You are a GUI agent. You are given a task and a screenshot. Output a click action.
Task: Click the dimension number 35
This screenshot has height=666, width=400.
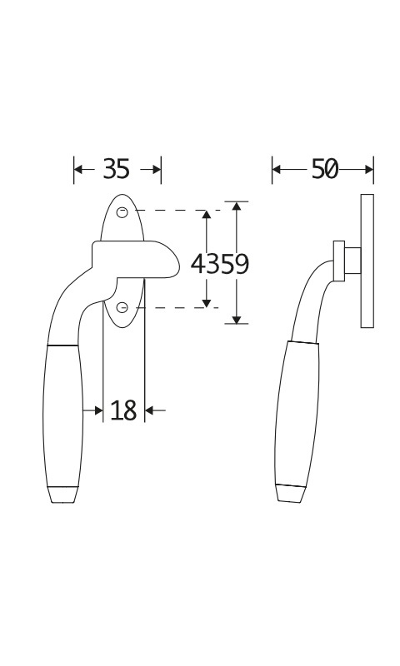pyautogui.click(x=116, y=169)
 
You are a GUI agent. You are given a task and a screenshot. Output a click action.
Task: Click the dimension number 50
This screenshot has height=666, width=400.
pyautogui.click(x=325, y=169)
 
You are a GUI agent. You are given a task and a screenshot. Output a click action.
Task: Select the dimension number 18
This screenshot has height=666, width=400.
pyautogui.click(x=123, y=410)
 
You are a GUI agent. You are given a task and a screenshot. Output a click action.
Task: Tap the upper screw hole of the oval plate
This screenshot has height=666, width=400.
pyautogui.click(x=122, y=211)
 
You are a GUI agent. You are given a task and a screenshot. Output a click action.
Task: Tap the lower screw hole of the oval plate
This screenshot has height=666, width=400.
pyautogui.click(x=122, y=307)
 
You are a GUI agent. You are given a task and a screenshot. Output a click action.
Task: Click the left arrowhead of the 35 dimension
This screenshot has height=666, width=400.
pyautogui.click(x=78, y=170)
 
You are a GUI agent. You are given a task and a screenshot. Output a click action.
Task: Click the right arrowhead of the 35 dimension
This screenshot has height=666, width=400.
pyautogui.click(x=157, y=170)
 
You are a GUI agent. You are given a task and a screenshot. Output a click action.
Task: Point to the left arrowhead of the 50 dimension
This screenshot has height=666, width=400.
pyautogui.click(x=277, y=170)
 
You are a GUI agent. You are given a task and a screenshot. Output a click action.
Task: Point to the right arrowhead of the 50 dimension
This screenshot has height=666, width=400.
pyautogui.click(x=368, y=170)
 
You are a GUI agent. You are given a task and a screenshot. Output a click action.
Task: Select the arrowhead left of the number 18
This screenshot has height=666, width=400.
pyautogui.click(x=98, y=410)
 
